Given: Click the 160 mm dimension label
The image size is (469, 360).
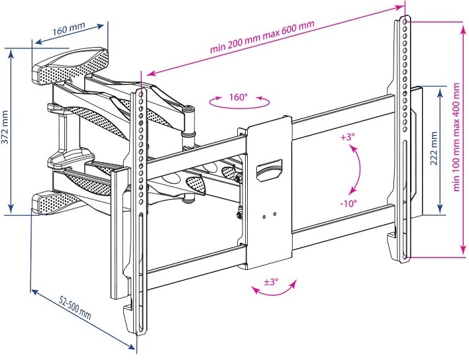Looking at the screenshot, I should coord(70,30).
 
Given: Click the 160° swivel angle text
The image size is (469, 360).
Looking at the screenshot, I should coord(238,97).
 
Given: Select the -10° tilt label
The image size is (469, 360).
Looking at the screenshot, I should coord(348,202).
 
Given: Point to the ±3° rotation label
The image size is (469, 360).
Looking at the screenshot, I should coord(270,282).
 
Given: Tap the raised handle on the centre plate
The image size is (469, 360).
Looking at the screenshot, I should coord(269,169).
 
